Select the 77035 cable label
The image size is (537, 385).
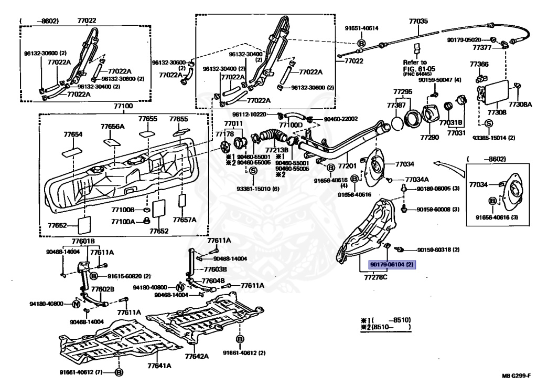(x=418, y=22)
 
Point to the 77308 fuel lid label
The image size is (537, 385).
(x=497, y=112)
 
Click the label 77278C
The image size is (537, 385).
(x=376, y=277)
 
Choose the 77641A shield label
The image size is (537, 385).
(x=157, y=366)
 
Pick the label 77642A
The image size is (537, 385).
(x=196, y=356)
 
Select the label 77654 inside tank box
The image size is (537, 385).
(x=73, y=134)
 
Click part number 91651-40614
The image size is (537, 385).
(x=361, y=28)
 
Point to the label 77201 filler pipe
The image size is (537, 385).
(x=347, y=166)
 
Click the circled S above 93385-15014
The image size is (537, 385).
(x=488, y=123)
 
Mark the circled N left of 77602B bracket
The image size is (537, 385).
(x=76, y=304)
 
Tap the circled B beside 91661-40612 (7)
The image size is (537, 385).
(x=119, y=372)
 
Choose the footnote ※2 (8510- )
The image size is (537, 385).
(x=385, y=327)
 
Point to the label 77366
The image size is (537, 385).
(x=479, y=64)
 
